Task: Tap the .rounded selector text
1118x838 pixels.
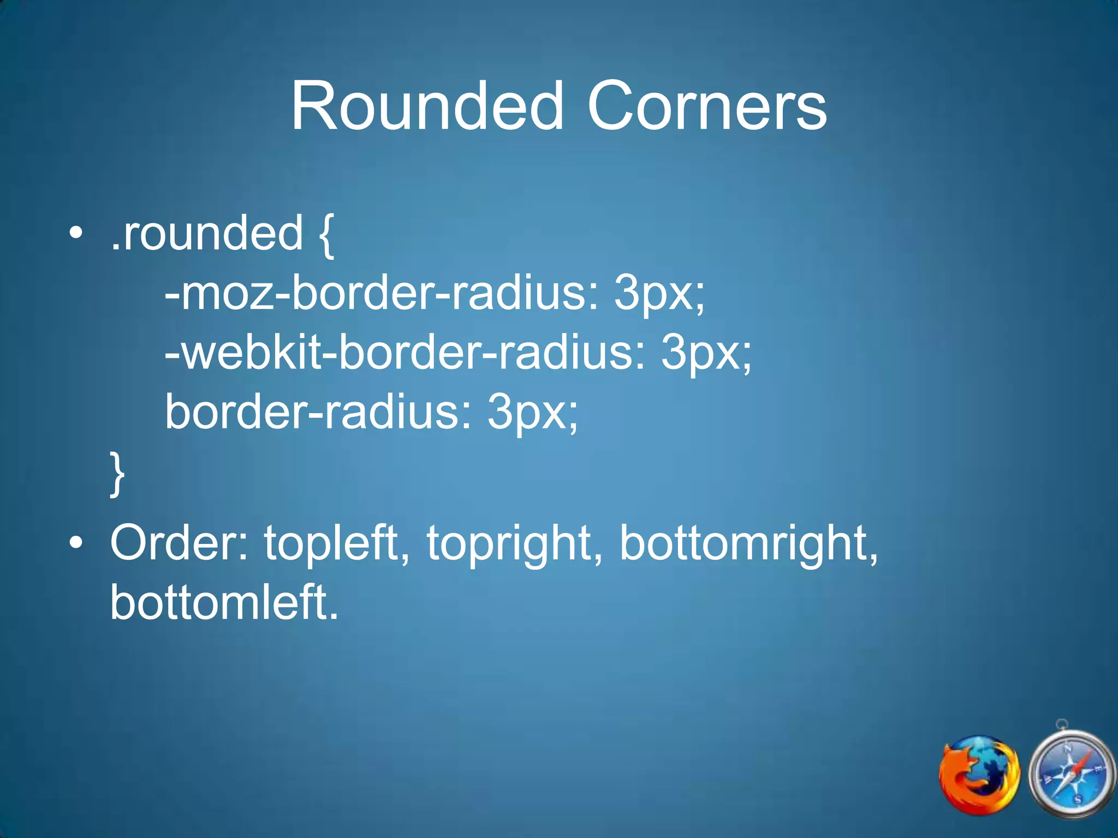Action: coord(206,234)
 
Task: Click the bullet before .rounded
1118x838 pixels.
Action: coord(76,235)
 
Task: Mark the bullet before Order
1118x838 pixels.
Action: coord(76,543)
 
